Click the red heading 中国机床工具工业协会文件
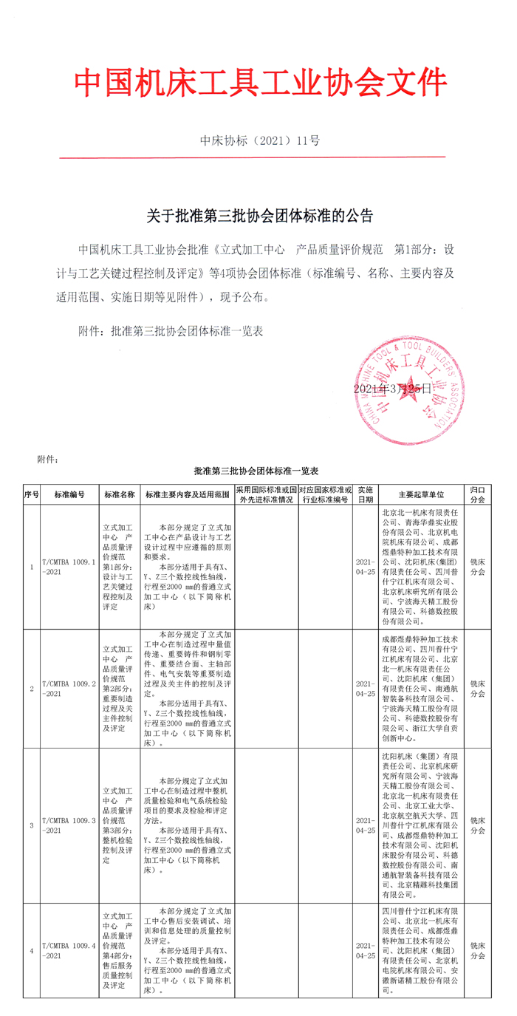point(260,83)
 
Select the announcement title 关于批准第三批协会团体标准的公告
point(260,217)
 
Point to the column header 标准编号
point(69,494)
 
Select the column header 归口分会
point(478,494)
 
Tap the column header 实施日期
point(366,494)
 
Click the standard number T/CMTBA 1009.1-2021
point(69,567)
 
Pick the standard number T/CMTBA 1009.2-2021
point(69,689)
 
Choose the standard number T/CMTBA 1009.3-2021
point(69,825)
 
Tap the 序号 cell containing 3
point(31,825)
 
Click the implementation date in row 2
point(366,689)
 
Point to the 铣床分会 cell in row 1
point(478,567)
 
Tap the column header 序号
point(31,494)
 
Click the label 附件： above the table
point(47,459)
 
